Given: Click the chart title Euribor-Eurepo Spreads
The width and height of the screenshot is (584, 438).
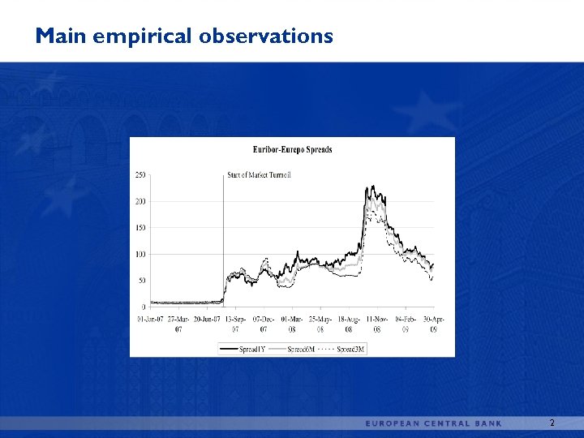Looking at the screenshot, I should coord(293,149).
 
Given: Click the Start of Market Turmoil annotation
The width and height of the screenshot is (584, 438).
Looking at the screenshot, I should coord(259,174).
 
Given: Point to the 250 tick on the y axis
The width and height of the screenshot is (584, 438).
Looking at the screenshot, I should coord(140,174).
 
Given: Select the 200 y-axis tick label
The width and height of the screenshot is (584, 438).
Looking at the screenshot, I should coord(140,201).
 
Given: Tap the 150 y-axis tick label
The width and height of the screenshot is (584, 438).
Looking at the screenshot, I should coord(140,228).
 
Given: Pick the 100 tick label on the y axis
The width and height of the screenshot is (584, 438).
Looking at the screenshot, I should coord(140,255).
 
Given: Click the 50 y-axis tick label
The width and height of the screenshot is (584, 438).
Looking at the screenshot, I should coord(142,281).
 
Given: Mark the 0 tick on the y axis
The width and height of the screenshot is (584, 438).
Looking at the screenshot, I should coord(144,307).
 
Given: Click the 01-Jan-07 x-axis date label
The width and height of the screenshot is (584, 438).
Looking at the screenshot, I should coord(150,319).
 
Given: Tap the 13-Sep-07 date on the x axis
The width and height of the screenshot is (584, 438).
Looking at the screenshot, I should coord(235,324).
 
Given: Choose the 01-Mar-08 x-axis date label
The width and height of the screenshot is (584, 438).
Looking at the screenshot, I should coord(292,324).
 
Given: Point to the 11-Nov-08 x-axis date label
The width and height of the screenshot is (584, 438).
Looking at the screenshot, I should coord(376,324).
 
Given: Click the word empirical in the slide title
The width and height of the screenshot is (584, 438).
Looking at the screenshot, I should coord(146,36).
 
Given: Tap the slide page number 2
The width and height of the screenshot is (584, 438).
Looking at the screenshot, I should coord(552,423).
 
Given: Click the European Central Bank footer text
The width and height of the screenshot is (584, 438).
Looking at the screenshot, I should coord(433,423).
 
